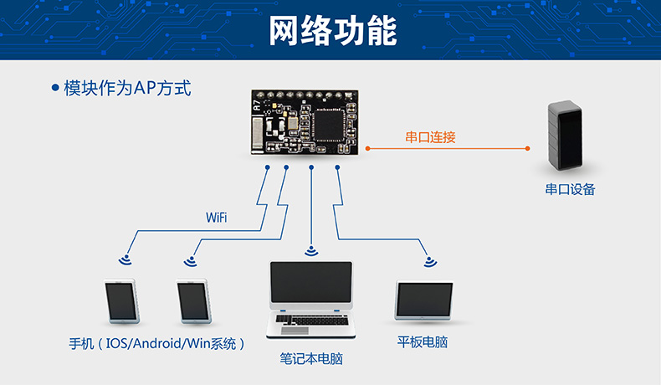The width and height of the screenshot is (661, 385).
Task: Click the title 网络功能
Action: coord(332,31)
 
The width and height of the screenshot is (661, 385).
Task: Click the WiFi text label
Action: coord(217,218)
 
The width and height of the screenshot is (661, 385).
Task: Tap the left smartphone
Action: coord(120,301)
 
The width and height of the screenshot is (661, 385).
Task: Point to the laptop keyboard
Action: coord(310,322)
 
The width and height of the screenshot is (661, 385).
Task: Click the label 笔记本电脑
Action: coord(311,359)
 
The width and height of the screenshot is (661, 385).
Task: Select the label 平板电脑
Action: coord(424,343)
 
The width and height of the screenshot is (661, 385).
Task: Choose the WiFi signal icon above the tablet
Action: coord(429,260)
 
